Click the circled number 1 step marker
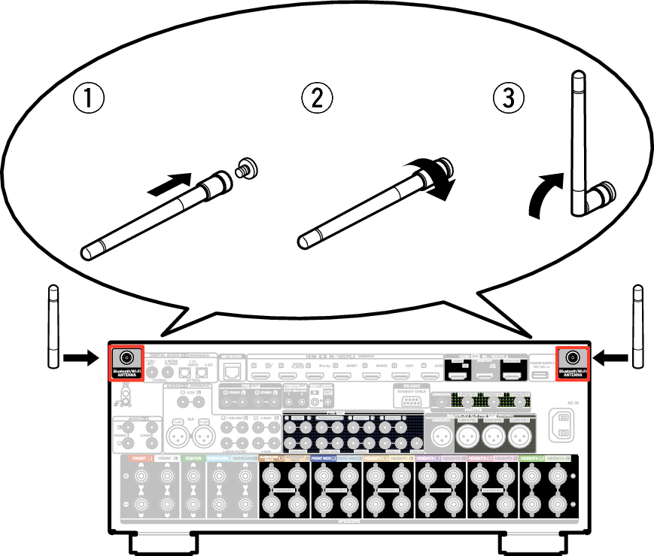pos(89,99)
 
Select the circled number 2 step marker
pos(317,99)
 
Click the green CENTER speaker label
pos(193,457)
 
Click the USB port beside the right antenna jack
pos(540,374)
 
